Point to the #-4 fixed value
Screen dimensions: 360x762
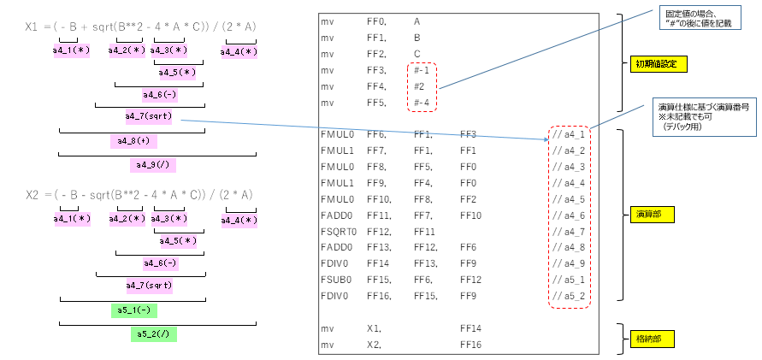tap(422, 103)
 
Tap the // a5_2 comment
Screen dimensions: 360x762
tap(568, 296)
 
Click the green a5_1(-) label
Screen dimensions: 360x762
tap(133, 310)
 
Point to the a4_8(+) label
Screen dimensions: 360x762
tap(133, 140)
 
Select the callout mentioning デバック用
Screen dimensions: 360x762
tap(704, 116)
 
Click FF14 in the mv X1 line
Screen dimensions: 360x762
tap(471, 328)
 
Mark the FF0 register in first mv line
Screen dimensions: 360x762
tap(376, 21)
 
